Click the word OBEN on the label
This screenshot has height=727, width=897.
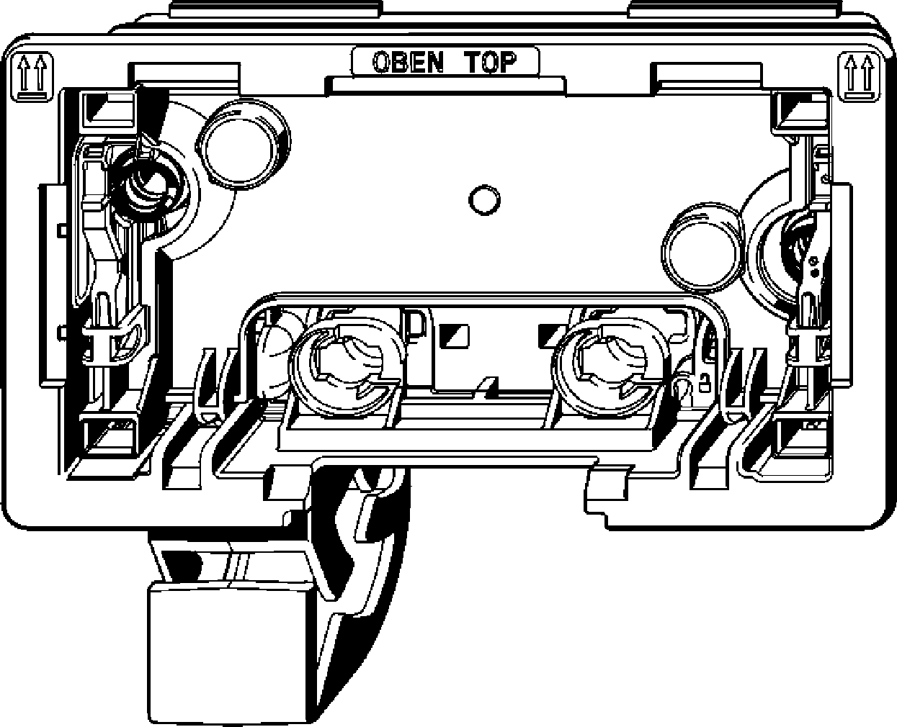coord(407,62)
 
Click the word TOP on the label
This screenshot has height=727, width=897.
coord(494,62)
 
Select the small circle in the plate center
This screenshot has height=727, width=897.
coord(482,199)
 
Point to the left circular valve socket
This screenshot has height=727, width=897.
coord(344,367)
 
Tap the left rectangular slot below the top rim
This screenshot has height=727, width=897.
coord(184,73)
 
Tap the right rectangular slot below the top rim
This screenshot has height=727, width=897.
coord(706,73)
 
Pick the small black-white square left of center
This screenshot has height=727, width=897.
coord(456,333)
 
